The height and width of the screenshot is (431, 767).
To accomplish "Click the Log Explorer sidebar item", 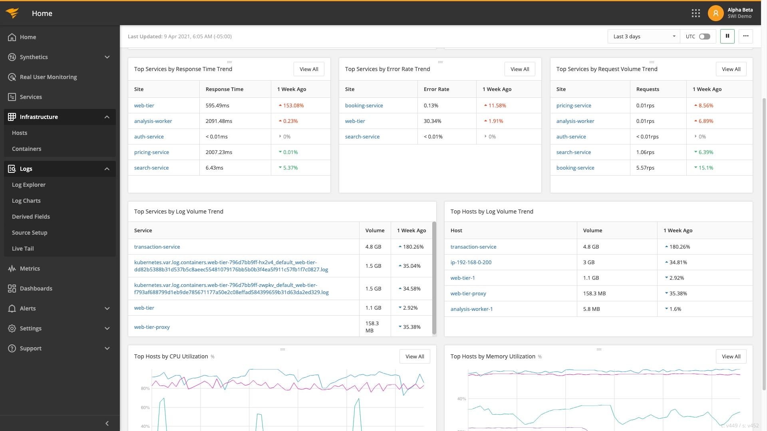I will click(x=29, y=185).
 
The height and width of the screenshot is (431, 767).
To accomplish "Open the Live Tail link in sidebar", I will click(x=23, y=249).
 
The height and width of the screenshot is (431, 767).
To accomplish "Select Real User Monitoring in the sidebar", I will click(x=48, y=77).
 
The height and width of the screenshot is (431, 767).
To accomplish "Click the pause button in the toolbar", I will click(x=727, y=36).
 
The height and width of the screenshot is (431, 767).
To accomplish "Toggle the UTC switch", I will click(x=704, y=36).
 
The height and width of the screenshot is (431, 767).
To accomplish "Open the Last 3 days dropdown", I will click(x=644, y=36).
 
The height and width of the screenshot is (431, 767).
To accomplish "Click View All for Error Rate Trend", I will click(x=519, y=69).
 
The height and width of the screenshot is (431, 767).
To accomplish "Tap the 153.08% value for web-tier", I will click(x=293, y=106).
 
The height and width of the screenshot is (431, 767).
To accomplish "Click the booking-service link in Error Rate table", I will click(x=364, y=106).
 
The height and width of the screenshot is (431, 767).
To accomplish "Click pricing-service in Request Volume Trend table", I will click(x=573, y=106).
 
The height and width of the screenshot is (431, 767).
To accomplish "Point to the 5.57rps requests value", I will click(x=645, y=168).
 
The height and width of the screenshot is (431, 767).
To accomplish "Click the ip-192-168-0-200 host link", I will click(x=471, y=263).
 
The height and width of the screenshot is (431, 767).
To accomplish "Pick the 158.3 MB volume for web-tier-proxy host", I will click(x=594, y=294).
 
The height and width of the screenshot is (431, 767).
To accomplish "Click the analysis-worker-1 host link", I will click(x=471, y=309).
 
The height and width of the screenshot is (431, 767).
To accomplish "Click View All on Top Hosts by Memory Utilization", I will click(x=731, y=356).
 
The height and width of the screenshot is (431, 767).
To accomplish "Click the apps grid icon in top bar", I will click(x=695, y=14).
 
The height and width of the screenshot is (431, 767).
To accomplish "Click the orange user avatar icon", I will click(x=715, y=14).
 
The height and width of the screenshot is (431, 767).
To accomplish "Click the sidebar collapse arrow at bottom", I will click(x=107, y=423).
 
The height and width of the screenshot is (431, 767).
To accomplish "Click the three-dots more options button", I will click(x=745, y=36).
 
